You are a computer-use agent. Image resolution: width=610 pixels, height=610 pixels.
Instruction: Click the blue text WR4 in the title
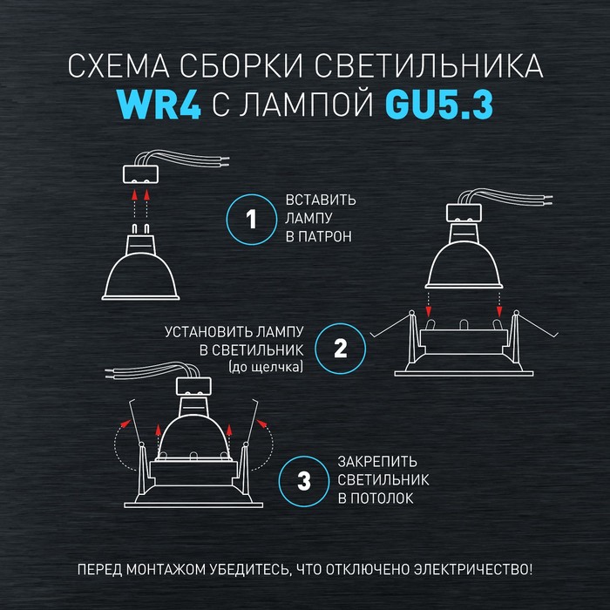tap(159, 105)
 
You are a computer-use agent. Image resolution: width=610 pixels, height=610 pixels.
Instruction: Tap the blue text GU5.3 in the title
tap(439, 105)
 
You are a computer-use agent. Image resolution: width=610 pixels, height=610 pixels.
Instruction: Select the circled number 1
tap(252, 219)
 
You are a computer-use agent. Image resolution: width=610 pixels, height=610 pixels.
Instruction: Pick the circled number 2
tap(341, 349)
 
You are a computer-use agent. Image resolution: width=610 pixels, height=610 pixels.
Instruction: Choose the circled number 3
tap(304, 481)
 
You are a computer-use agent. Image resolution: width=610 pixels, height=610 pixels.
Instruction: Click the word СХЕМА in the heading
tap(119, 65)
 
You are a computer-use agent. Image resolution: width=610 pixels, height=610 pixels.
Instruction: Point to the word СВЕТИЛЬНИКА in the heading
tap(429, 65)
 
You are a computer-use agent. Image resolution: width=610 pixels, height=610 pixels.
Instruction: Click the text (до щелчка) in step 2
tap(266, 367)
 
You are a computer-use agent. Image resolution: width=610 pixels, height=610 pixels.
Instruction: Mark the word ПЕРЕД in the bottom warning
tap(100, 570)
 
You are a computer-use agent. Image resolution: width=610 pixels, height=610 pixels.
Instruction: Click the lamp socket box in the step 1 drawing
tap(140, 174)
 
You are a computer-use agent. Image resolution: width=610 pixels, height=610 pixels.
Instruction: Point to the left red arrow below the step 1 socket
tap(134, 204)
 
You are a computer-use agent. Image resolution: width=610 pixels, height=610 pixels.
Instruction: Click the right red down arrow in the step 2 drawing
tap(499, 304)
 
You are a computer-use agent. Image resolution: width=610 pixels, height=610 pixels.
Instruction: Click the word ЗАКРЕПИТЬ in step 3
tap(377, 462)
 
